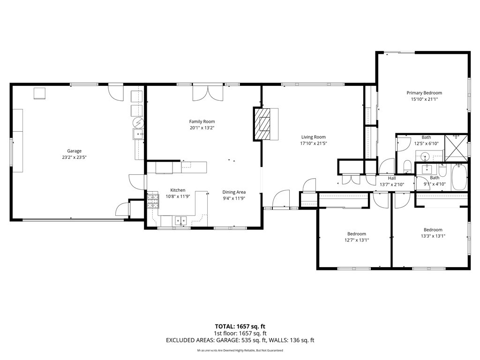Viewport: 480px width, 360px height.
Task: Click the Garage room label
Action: coord(74,151)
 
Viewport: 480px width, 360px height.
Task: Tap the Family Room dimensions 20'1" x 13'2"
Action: coord(202,128)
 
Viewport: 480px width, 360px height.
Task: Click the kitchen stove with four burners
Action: coord(153,202)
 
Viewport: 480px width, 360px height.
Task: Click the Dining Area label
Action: coord(234,192)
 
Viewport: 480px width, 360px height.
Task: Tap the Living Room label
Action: coord(313,137)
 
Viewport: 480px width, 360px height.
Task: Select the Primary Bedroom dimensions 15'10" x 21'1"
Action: coord(424,99)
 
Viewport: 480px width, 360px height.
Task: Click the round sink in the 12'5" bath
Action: coord(426,156)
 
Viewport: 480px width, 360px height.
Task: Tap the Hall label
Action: coord(392,178)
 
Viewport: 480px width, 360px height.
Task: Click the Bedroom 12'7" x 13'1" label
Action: coord(356,234)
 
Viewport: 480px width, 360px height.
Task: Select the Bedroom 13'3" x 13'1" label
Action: coord(433,230)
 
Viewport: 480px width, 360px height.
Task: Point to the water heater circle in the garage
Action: coord(138,123)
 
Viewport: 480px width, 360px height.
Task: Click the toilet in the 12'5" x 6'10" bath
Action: coord(407,166)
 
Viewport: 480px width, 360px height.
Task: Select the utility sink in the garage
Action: coord(139,135)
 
